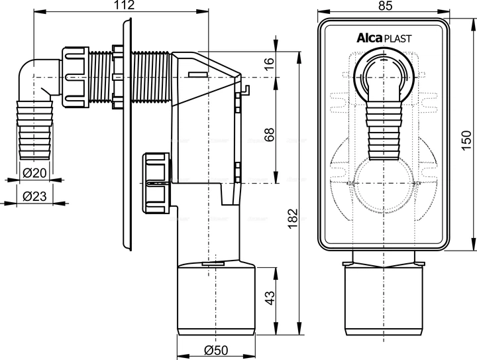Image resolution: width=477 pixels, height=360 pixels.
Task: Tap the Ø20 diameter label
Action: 33,173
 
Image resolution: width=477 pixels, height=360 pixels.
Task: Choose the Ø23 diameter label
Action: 33,197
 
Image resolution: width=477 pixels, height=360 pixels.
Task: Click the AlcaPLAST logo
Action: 382,38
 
